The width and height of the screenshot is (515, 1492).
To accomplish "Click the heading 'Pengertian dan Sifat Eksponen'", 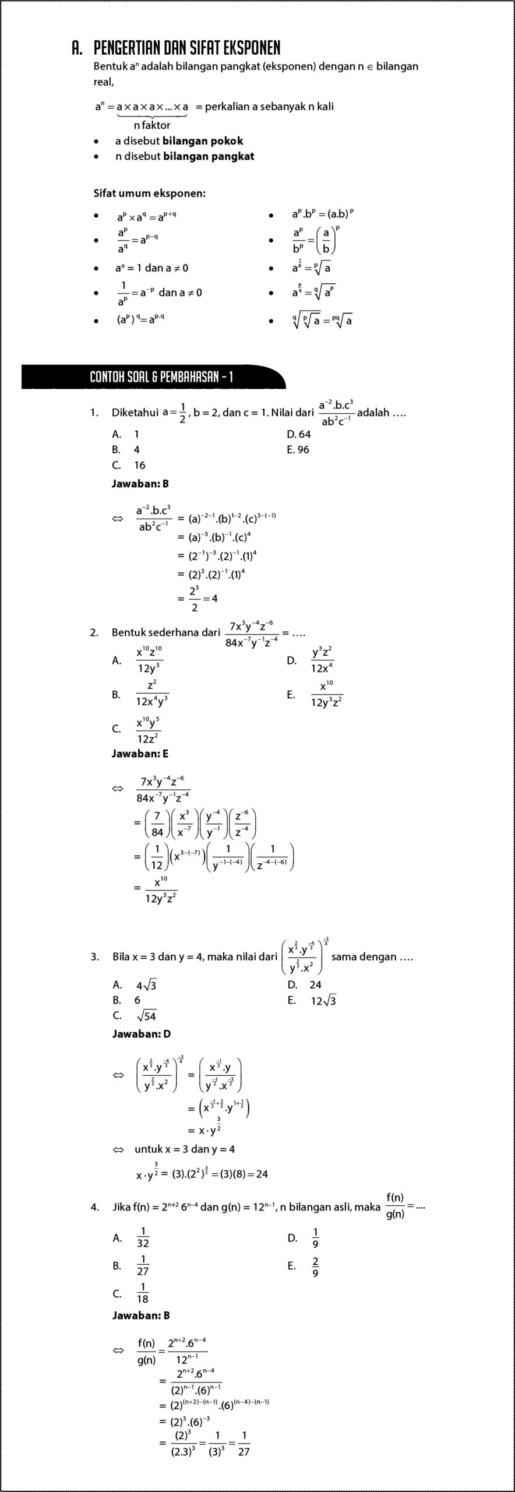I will coord(186,48).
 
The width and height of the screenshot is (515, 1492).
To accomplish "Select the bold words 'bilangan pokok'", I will coord(203,141).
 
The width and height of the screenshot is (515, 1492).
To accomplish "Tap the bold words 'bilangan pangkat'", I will coord(209,156).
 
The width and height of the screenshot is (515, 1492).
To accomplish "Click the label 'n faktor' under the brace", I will coord(151,125).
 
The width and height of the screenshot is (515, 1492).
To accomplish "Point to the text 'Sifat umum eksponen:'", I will coord(150,193).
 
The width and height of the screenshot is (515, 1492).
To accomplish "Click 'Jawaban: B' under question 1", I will coord(140,483).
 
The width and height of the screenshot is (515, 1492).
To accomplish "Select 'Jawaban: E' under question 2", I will coord(140,754).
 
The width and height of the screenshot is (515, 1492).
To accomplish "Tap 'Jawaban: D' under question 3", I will coord(141,1034).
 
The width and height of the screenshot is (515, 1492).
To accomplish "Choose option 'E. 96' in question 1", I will coord(298,449).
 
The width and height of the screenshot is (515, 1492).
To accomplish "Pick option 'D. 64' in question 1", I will coord(299,434).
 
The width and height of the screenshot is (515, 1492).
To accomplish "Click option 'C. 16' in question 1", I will coord(129,465).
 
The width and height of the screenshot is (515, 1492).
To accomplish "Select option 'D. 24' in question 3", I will coord(305,985).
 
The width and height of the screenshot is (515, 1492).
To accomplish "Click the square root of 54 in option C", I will coord(146,1016).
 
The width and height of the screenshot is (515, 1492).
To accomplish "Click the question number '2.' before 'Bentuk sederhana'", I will coord(94,632).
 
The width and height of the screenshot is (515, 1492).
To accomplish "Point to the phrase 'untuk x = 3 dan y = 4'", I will coord(185,1149).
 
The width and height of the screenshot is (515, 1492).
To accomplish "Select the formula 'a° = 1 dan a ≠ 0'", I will coord(151,268).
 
